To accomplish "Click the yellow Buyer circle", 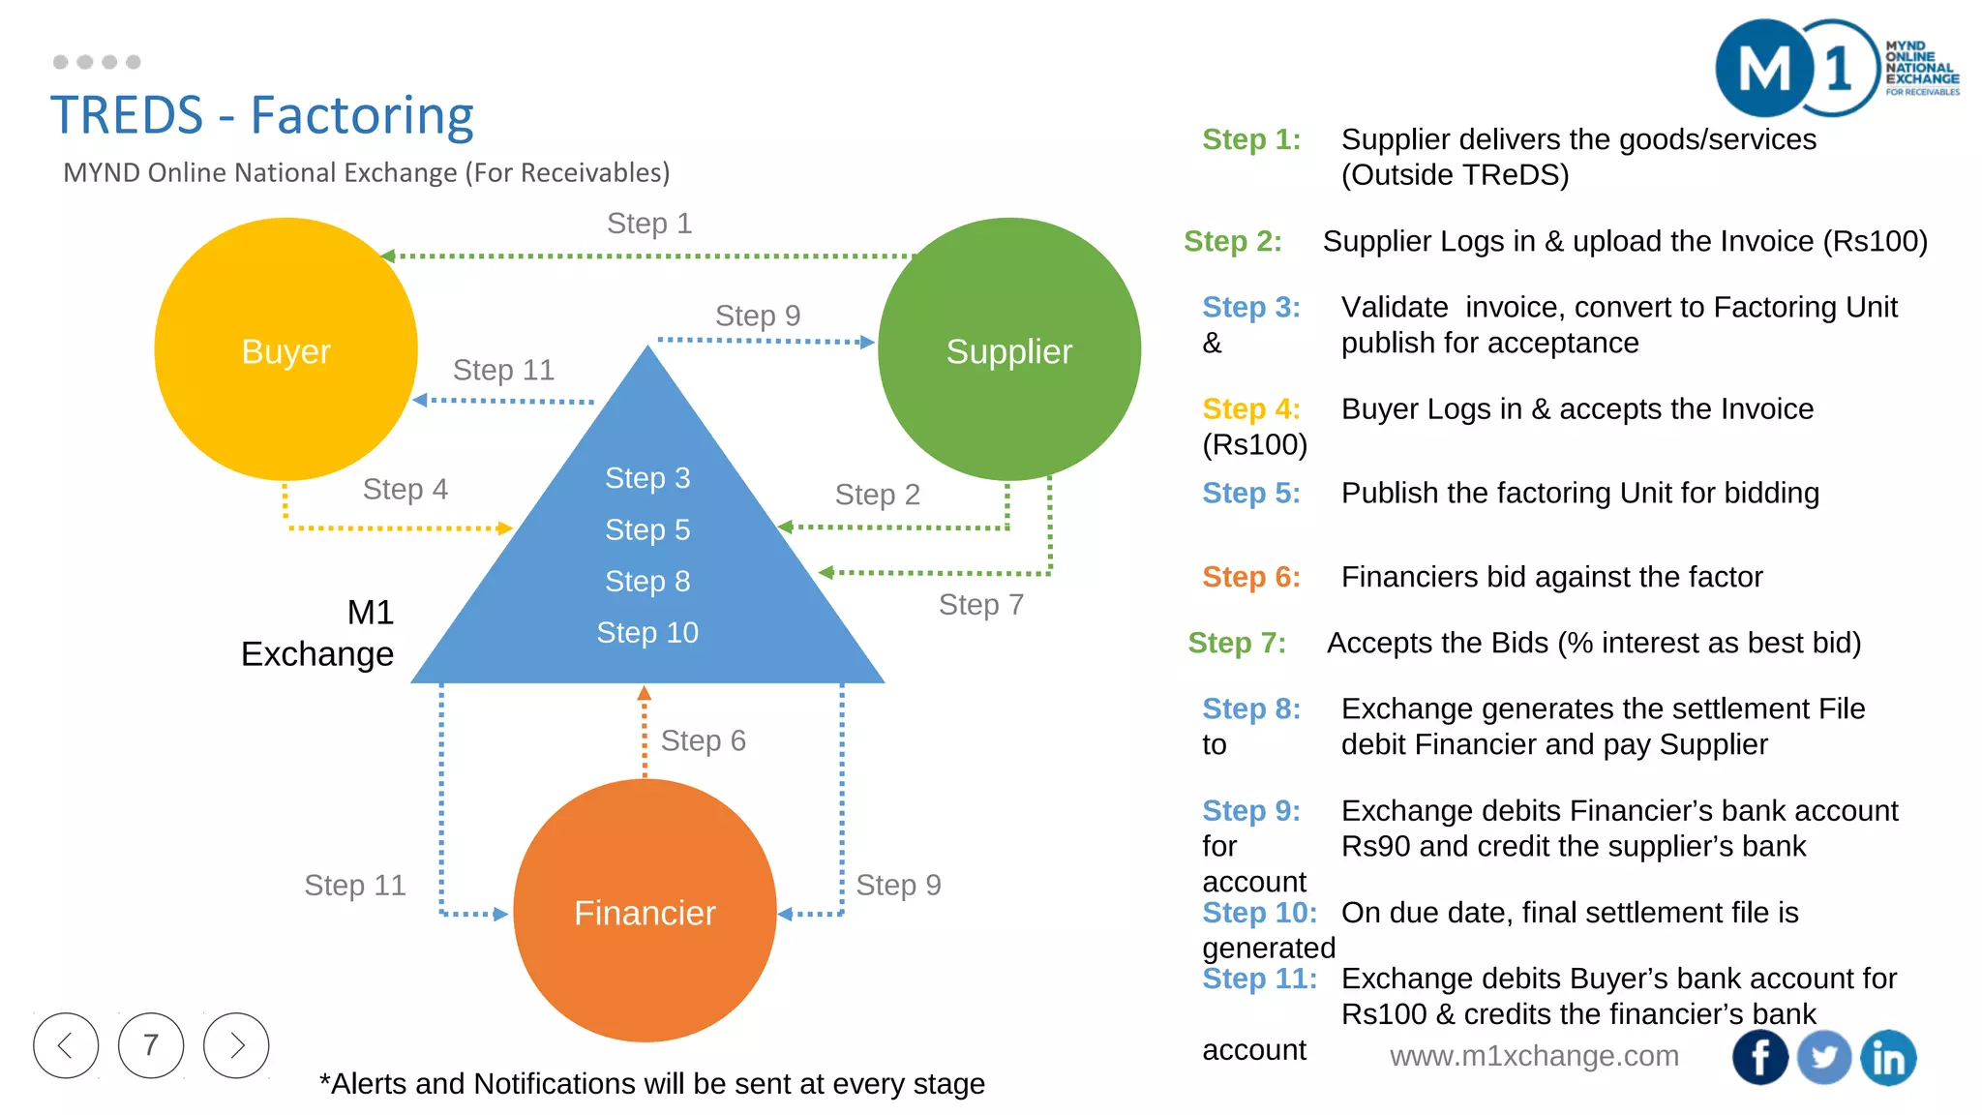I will pyautogui.click(x=285, y=349).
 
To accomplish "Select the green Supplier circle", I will pyautogui.click(x=1008, y=349).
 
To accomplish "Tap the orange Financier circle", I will pyautogui.click(x=645, y=911).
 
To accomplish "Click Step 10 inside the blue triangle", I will pyautogui.click(x=646, y=632).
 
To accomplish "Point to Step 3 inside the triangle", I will pyautogui.click(x=646, y=477).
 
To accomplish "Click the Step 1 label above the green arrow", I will pyautogui.click(x=648, y=224).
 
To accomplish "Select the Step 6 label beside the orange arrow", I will pyautogui.click(x=703, y=740).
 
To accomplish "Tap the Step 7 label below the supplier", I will pyautogui.click(x=980, y=605).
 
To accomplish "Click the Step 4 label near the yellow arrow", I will pyautogui.click(x=405, y=489).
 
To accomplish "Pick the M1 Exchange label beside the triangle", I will pyautogui.click(x=319, y=633).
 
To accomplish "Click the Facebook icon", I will pyautogui.click(x=1759, y=1057).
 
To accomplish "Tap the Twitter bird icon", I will pyautogui.click(x=1823, y=1057).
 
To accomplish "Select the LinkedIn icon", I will pyautogui.click(x=1888, y=1057).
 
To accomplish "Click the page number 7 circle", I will pyautogui.click(x=151, y=1045).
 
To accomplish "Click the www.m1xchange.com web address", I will pyautogui.click(x=1534, y=1056).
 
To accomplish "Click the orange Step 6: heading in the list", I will pyautogui.click(x=1250, y=577).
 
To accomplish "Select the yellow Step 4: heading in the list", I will pyautogui.click(x=1250, y=408).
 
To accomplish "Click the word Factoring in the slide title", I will pyautogui.click(x=362, y=115).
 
